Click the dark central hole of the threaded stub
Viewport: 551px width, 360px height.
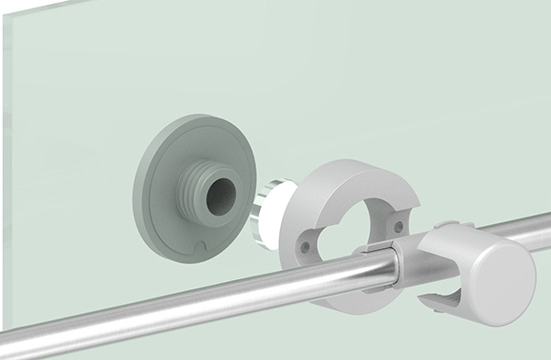(x=219, y=196)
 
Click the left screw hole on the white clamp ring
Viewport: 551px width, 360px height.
(x=304, y=246)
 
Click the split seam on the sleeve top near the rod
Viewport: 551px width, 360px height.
(x=375, y=249)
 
